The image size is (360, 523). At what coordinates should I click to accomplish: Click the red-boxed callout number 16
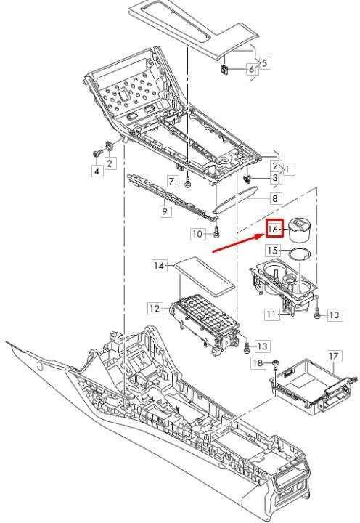274,228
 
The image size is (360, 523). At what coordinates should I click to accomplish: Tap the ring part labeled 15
299,254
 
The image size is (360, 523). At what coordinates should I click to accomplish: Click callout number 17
334,356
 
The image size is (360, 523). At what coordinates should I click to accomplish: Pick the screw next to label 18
275,365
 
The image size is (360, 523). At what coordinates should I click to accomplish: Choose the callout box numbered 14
160,266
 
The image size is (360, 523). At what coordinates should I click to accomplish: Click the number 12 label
155,309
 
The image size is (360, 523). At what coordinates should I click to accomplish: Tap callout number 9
165,211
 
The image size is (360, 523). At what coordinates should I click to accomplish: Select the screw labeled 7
187,183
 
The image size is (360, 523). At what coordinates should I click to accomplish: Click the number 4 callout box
97,171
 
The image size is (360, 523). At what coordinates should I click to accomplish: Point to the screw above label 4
96,155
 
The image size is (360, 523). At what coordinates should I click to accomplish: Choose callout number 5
264,62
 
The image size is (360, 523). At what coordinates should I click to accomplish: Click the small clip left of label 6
225,69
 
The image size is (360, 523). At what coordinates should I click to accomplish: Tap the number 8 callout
275,199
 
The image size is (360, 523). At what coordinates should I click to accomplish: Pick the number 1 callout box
287,169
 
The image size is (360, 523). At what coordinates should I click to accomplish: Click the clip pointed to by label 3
247,178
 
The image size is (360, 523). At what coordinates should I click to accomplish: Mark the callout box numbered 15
274,250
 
